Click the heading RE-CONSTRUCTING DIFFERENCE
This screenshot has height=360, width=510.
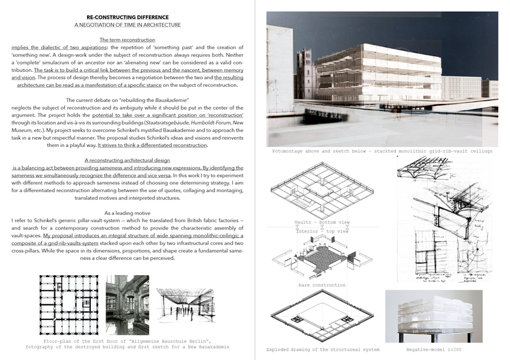(127, 17)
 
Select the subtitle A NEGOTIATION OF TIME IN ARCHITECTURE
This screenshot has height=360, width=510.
(127, 25)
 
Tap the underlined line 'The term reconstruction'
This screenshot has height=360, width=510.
(127, 41)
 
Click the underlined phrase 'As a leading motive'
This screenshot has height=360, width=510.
(127, 213)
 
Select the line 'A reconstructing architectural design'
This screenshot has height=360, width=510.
(127, 160)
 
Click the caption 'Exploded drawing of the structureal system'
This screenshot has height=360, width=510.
(326, 350)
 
